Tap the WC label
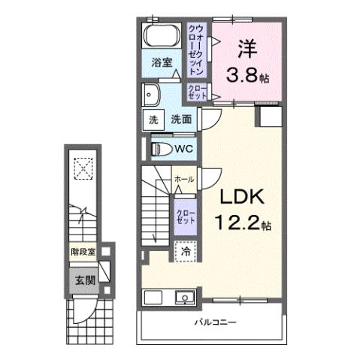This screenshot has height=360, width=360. tap(184, 149)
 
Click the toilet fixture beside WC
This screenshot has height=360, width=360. tap(160, 148)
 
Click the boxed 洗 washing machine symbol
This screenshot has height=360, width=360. tap(153, 119)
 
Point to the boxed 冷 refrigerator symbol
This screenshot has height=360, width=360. tap(183, 252)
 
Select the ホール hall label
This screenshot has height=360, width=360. tap(184, 180)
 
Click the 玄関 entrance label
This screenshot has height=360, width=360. tap(84, 281)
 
